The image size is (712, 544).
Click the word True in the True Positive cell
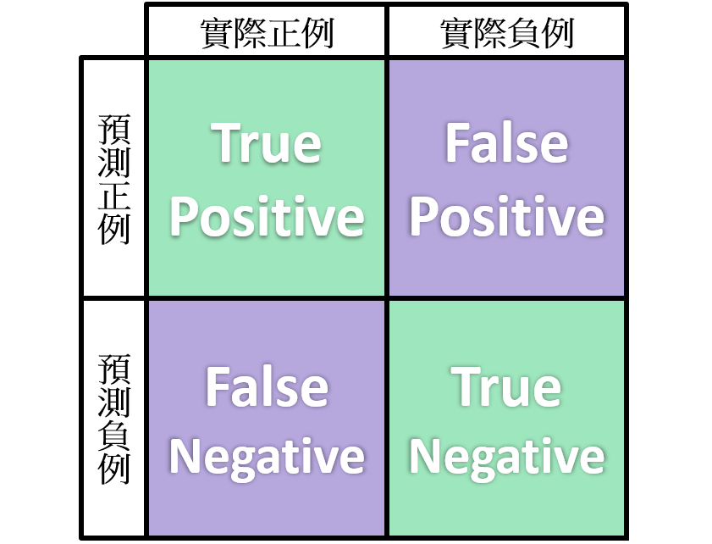coord(268,143)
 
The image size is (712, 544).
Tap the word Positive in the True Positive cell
coord(268,217)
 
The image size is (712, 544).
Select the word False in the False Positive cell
coord(506,143)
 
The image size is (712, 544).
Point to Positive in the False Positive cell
coord(506,217)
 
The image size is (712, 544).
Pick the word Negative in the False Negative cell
coord(268,458)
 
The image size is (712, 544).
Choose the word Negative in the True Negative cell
coord(506,458)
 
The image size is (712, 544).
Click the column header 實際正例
coord(267,33)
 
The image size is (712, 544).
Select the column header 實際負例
coord(506,33)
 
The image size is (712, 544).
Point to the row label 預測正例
coord(114,179)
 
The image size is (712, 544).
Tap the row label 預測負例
coord(114,419)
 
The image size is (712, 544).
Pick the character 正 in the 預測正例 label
coord(114,196)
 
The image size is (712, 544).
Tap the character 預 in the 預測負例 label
coord(114,369)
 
